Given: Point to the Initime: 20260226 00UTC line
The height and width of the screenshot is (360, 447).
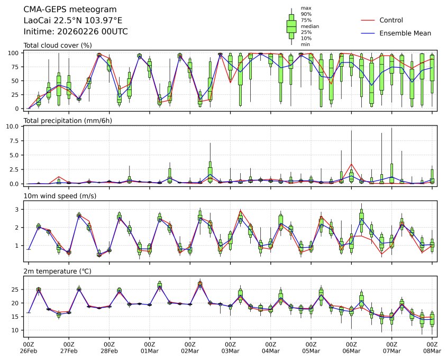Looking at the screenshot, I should [76, 32].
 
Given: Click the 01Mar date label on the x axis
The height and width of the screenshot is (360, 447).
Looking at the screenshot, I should [150, 350].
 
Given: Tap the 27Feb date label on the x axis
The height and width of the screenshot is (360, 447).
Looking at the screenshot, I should [69, 350].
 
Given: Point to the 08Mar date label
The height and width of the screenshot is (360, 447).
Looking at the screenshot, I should [432, 350].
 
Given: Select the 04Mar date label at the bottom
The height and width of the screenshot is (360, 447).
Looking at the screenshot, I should [271, 350].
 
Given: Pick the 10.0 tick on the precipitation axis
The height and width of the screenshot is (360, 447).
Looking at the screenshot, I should [15, 127].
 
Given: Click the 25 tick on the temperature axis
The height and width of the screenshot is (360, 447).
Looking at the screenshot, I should [16, 290].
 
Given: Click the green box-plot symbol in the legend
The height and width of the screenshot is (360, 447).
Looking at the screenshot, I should [291, 26].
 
